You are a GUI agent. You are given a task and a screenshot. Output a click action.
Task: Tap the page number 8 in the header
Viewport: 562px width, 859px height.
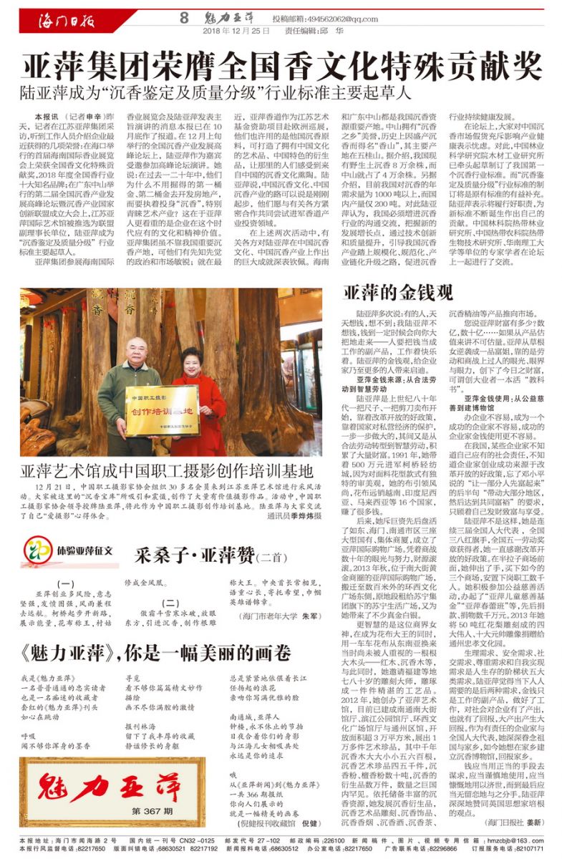point(184,17)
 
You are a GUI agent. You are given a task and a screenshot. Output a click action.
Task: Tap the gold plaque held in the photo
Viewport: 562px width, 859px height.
point(161,410)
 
